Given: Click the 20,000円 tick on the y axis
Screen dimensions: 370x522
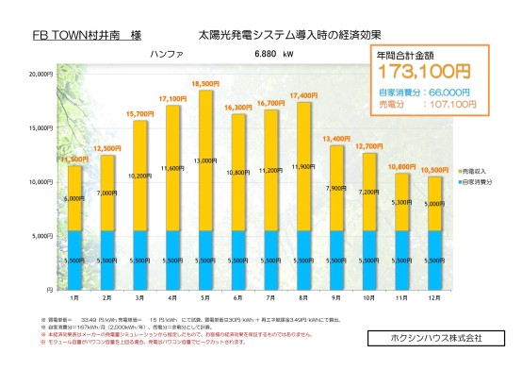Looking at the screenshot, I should (39, 74).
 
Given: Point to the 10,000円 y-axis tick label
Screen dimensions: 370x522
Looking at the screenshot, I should (39, 181).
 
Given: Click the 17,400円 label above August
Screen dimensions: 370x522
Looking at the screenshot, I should (303, 95).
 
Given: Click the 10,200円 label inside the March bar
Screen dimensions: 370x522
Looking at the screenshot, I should (140, 176).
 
